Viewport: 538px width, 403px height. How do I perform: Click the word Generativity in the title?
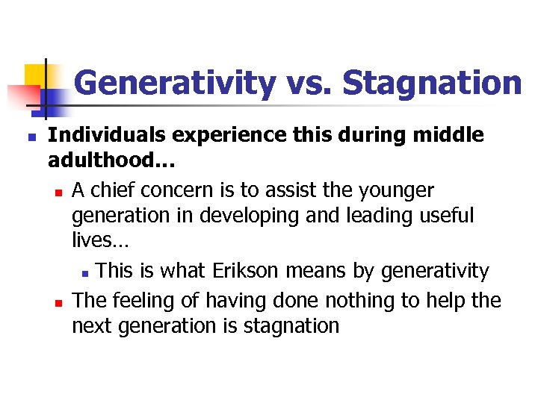click(174, 83)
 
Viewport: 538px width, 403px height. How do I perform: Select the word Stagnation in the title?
click(432, 83)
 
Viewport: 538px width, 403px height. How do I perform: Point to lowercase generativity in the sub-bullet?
click(435, 270)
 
